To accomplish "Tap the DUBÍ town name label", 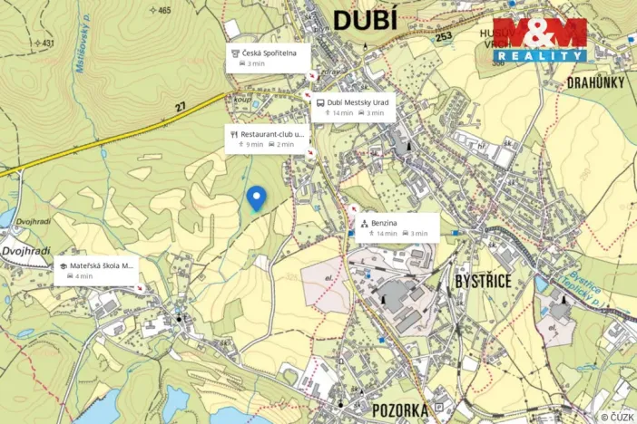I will pyautogui.click(x=366, y=20).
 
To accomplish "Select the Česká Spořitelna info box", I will pyautogui.click(x=269, y=58).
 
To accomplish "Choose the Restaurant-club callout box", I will pyautogui.click(x=267, y=139).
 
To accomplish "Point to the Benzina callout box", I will pyautogui.click(x=397, y=226).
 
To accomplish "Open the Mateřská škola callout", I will pyautogui.click(x=97, y=271).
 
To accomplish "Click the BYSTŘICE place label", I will pyautogui.click(x=485, y=282).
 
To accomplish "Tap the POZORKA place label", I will pyautogui.click(x=399, y=410).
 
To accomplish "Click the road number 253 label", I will pyautogui.click(x=443, y=36).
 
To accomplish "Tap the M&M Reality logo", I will pyautogui.click(x=539, y=40).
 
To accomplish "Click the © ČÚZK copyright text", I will pyautogui.click(x=616, y=417).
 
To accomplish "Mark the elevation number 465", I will pyautogui.click(x=163, y=11).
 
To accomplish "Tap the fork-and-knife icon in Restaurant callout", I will pyautogui.click(x=234, y=133).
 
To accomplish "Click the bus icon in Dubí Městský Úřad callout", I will pyautogui.click(x=320, y=102).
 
